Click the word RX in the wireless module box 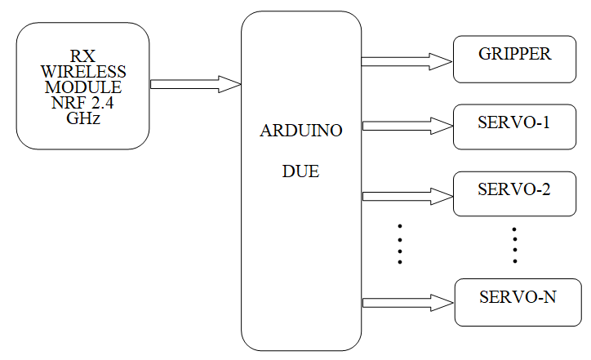[82, 56]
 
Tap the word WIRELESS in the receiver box [82, 72]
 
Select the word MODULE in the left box [82, 87]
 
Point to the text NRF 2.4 [82, 102]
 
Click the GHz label [82, 117]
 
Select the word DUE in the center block [300, 172]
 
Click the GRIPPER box [514, 59]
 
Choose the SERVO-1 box [514, 127]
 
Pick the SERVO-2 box [514, 193]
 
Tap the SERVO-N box [518, 301]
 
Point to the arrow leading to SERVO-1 [407, 126]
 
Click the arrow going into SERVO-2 [407, 196]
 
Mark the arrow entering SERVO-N [407, 302]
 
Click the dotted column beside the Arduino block [400, 243]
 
